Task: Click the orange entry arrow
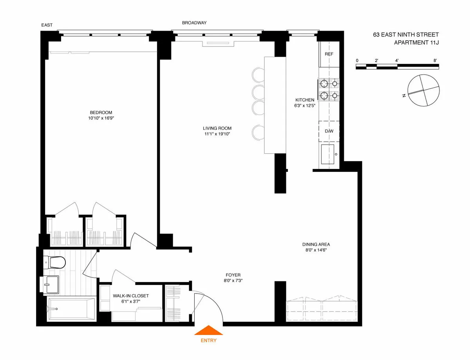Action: (x=208, y=331)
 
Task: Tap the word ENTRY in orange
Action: (x=208, y=341)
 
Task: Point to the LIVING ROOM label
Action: (x=217, y=128)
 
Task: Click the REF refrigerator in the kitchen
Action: (x=329, y=54)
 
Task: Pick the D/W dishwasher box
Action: (x=329, y=131)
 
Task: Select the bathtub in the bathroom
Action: (x=71, y=309)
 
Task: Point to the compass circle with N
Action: (x=423, y=91)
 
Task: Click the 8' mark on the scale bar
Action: (x=435, y=61)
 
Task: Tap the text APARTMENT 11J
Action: (x=416, y=42)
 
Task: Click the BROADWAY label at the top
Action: (x=194, y=23)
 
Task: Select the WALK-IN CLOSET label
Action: (x=131, y=296)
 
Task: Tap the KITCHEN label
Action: (x=305, y=100)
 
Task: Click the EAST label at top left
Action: (x=47, y=25)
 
